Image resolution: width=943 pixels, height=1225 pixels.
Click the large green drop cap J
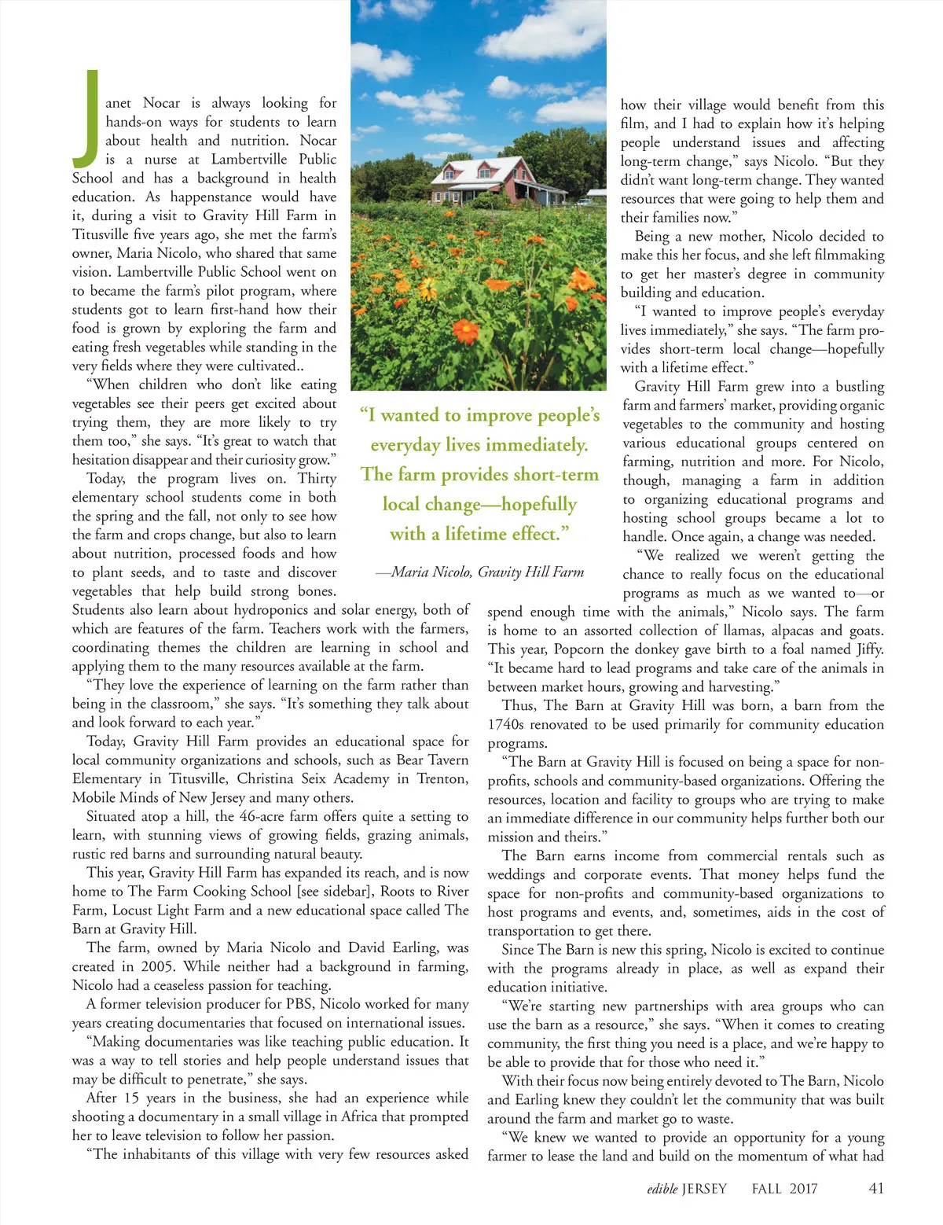[x=89, y=115]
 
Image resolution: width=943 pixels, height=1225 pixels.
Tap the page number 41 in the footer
[x=876, y=1188]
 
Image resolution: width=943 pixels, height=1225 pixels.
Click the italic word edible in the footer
[x=662, y=1189]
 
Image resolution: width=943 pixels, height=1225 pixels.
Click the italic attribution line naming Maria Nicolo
[x=479, y=572]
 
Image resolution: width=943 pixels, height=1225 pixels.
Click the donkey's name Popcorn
[x=579, y=649]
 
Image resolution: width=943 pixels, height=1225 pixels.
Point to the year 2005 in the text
[x=158, y=966]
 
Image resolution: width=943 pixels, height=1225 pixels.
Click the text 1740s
[x=510, y=724]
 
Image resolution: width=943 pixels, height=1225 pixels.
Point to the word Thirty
[x=317, y=478]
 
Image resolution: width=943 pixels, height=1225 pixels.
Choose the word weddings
[x=516, y=874]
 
